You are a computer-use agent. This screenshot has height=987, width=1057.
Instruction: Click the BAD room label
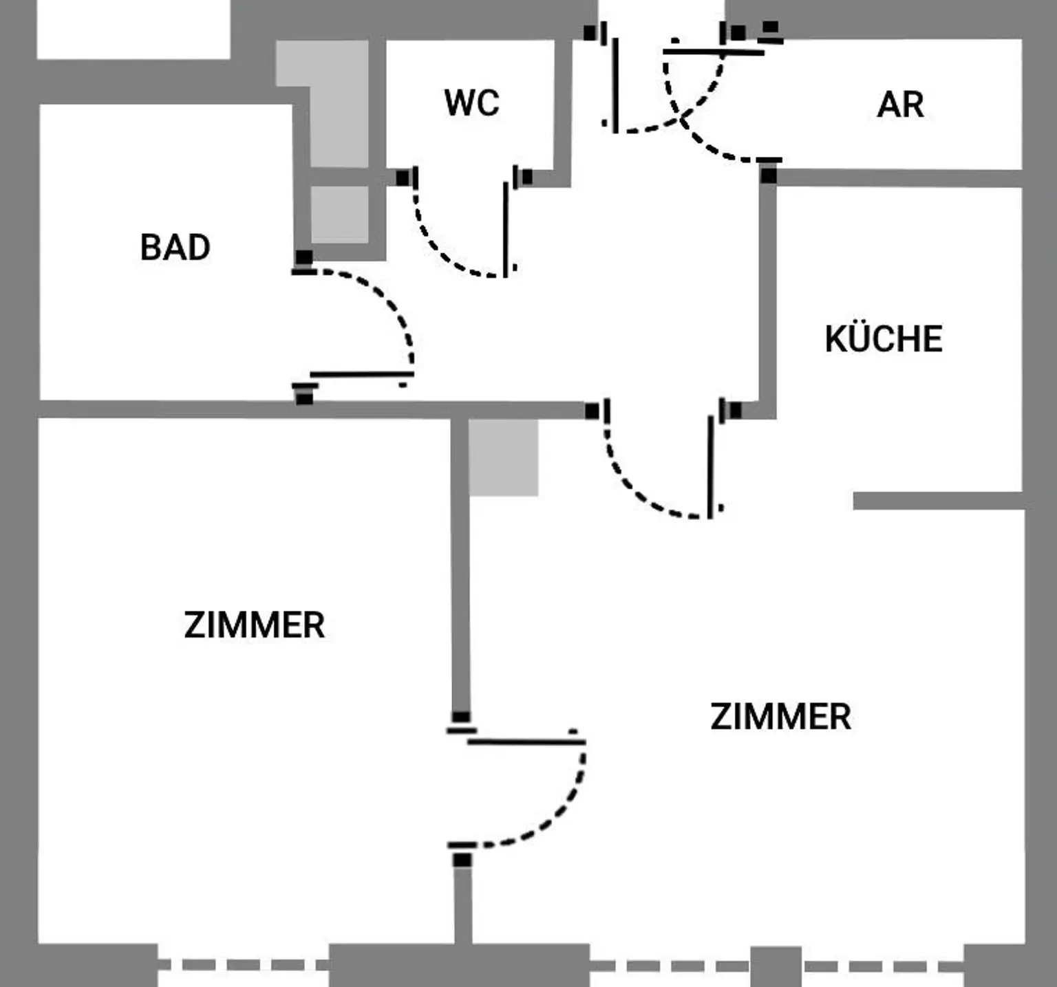[x=175, y=248]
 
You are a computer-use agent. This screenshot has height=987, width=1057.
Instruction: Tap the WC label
[x=471, y=103]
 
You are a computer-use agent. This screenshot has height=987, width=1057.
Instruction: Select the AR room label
[x=900, y=105]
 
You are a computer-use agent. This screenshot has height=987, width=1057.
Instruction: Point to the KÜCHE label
[x=884, y=338]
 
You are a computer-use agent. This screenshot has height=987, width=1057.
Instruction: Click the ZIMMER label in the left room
[x=254, y=625]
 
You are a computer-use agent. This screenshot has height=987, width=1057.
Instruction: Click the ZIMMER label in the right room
[x=780, y=717]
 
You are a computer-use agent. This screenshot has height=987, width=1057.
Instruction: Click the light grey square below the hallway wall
[x=503, y=457]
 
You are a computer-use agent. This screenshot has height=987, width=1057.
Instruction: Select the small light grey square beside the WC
[x=339, y=214]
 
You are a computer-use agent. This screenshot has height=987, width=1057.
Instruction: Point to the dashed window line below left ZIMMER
[x=244, y=965]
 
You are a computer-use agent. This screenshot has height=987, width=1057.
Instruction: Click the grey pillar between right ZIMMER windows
[x=776, y=966]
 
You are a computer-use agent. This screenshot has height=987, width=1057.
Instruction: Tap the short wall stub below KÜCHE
[x=937, y=501]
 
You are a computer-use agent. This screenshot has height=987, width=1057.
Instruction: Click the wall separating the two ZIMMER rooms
[x=460, y=564]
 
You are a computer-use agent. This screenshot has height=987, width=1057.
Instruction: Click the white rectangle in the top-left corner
[x=133, y=29]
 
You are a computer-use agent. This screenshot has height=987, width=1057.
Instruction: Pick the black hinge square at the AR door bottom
[x=769, y=175]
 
